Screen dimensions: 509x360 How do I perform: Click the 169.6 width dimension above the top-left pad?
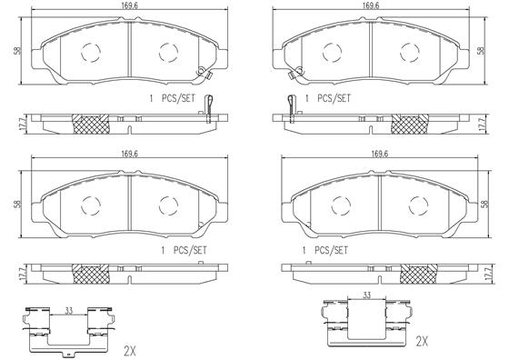point(129,5)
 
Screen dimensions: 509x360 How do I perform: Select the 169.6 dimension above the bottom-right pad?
point(380,154)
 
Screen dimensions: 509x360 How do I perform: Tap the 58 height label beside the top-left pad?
point(17,51)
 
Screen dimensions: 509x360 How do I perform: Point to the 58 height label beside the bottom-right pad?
point(484,204)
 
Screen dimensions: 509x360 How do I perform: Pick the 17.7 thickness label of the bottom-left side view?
point(23,274)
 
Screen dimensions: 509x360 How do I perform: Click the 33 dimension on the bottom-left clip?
point(68,311)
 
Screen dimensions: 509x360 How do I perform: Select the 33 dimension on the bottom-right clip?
point(366,295)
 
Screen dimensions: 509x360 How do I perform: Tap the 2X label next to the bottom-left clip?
point(130,351)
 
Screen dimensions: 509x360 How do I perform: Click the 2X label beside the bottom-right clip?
point(422,341)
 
